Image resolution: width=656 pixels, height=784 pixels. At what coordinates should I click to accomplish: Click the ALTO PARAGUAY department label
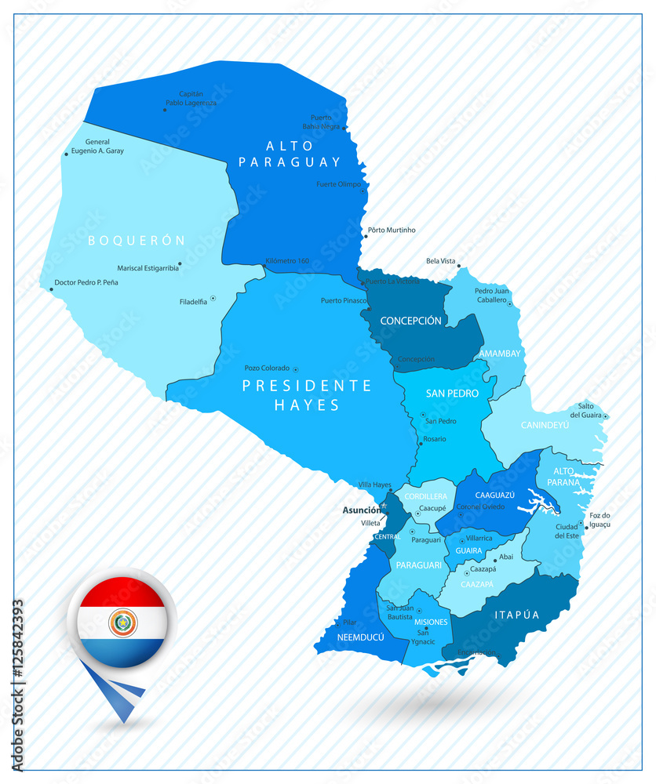[290, 154]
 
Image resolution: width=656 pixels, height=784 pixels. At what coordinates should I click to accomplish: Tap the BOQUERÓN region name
[137, 240]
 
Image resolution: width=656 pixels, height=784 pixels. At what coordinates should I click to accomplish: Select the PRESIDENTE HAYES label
[306, 395]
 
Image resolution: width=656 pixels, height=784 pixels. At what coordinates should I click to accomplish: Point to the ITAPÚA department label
[517, 615]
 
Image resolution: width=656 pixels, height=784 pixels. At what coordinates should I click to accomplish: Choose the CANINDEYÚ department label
[545, 426]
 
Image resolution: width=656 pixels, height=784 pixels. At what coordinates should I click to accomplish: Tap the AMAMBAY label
[500, 354]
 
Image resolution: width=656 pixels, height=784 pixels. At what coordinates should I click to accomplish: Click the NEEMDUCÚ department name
[361, 637]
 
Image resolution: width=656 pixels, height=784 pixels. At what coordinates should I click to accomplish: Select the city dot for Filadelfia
[213, 298]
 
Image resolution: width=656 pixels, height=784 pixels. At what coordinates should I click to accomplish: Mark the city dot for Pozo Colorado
[296, 368]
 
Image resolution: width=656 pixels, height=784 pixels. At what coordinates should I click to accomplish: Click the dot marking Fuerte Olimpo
[363, 191]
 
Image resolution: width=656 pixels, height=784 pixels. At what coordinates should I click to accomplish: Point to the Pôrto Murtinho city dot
[364, 236]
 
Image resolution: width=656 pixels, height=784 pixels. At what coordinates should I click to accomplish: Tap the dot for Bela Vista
[459, 266]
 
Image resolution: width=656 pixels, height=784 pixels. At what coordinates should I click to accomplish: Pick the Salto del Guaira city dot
[606, 416]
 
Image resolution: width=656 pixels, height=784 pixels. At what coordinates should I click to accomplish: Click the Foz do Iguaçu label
[600, 519]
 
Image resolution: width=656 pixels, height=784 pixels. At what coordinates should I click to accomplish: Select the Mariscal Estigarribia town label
[148, 268]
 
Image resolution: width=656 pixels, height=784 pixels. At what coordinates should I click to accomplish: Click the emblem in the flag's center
[122, 622]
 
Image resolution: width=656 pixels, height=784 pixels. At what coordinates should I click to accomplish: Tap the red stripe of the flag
[122, 592]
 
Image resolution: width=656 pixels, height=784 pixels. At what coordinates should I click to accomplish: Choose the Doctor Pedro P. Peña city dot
[51, 289]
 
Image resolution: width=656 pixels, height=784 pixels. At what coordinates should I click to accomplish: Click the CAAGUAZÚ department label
[494, 495]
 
